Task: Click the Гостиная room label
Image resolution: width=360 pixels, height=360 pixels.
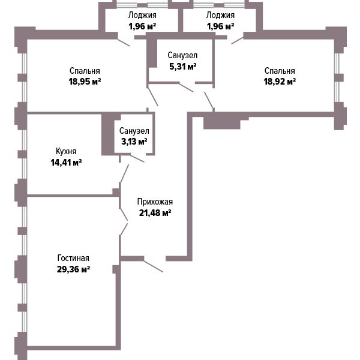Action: coord(73,258)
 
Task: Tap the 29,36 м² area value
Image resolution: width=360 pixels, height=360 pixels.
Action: coord(73,269)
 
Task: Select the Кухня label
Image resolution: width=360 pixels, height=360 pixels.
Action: coord(66,151)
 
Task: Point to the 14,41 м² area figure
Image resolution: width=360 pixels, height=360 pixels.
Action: coord(66,163)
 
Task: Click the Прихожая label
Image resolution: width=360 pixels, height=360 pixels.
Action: coord(155,202)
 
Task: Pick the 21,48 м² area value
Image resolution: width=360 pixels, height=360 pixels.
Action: coord(155,213)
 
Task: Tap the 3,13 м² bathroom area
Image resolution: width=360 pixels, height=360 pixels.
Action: coord(134,142)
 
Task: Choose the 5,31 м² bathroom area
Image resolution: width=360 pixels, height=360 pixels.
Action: coord(183,67)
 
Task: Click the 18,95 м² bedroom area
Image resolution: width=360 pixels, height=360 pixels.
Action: coord(85,82)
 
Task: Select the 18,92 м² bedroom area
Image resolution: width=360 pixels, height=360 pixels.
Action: coord(280,82)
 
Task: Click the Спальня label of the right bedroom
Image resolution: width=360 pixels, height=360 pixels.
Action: coord(280,71)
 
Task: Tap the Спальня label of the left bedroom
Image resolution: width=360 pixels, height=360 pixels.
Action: coord(85,71)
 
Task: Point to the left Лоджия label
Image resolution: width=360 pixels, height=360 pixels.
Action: coord(142,15)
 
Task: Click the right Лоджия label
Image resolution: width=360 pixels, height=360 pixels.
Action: coord(220,15)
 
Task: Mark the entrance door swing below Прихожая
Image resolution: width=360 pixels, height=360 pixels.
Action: coord(154,266)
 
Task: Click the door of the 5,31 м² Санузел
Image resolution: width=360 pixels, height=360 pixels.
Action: coord(186,87)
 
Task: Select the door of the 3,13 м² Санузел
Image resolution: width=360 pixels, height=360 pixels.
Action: coord(137,158)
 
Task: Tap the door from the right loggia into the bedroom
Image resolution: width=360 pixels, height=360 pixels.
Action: coord(238,40)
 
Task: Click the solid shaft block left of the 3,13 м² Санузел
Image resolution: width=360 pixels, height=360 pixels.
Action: coord(108,134)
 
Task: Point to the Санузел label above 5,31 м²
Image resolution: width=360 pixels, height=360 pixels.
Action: coord(182,55)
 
